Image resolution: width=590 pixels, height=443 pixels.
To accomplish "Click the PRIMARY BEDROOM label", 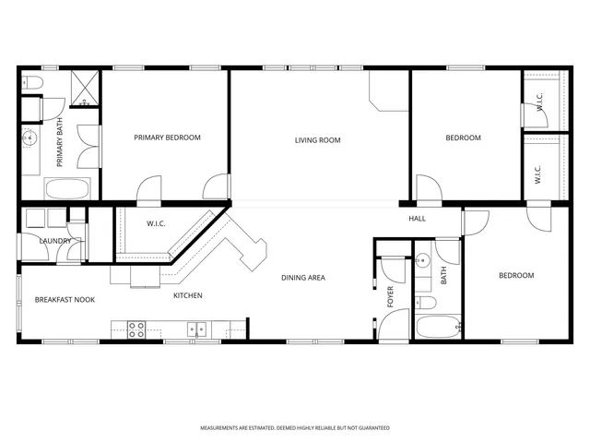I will (x=167, y=138).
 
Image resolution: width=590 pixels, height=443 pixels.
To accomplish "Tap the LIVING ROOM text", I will (x=318, y=140).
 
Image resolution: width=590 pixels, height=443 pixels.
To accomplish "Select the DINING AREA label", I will (x=303, y=277).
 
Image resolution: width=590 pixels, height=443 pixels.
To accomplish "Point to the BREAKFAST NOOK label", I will (x=65, y=300).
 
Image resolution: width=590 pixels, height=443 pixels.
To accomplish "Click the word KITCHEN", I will (x=188, y=295).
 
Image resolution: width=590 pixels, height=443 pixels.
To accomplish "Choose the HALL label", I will (x=418, y=219).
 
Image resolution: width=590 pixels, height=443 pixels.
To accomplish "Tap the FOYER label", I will (x=390, y=296).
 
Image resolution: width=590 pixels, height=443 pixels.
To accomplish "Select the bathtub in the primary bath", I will (x=66, y=189).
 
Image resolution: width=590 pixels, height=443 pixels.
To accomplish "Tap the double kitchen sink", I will (x=196, y=328).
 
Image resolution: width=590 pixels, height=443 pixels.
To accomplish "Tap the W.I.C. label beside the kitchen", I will (x=156, y=223).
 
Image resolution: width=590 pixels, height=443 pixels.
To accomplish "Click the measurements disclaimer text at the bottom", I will (x=295, y=428).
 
